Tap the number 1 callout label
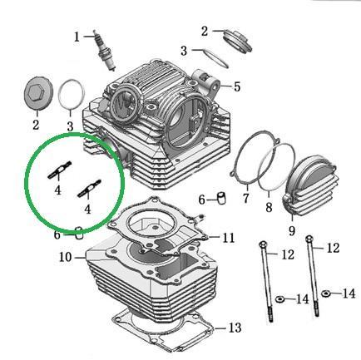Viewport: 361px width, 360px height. [77, 37]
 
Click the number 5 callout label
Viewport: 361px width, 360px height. [236, 86]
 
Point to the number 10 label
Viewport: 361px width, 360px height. [66, 257]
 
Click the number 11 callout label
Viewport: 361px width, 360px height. [229, 238]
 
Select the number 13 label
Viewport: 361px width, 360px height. [235, 328]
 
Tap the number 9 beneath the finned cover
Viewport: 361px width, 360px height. [292, 230]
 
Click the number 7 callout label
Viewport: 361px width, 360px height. [246, 198]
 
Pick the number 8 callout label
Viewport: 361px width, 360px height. [269, 207]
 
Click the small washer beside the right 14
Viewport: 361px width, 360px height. [325, 293]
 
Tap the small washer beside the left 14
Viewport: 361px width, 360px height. [279, 299]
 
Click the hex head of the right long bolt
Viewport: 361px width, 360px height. [309, 239]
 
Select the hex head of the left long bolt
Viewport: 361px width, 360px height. [263, 244]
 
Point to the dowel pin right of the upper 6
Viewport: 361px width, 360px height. [221, 198]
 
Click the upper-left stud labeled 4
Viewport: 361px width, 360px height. [60, 170]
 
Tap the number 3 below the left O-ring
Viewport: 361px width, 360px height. [70, 126]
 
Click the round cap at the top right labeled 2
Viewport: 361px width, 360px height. [238, 41]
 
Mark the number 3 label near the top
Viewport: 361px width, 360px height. [184, 51]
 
